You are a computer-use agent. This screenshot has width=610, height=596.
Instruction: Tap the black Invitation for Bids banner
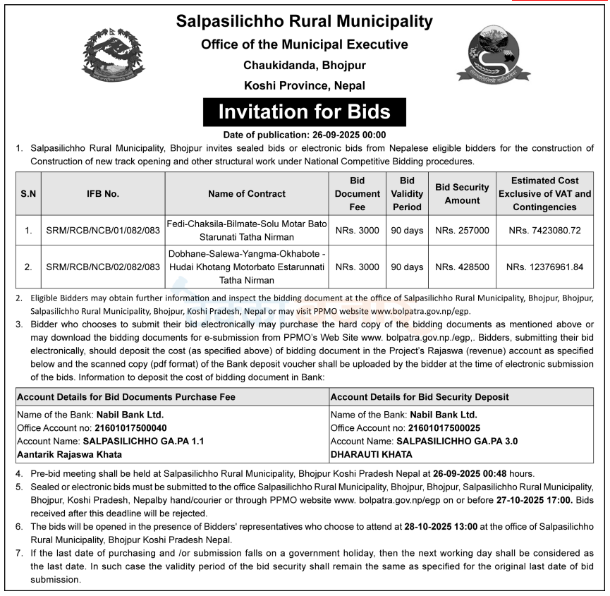[x=304, y=112]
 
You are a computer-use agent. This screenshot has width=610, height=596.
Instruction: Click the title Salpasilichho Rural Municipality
[x=305, y=22]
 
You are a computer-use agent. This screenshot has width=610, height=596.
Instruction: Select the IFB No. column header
[x=103, y=193]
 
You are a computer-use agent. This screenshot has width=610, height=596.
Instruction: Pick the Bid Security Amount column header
[x=462, y=193]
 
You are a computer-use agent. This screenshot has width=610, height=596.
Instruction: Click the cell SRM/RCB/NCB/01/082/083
[x=103, y=230]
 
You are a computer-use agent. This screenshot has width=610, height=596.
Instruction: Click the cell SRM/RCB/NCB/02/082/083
[x=103, y=267]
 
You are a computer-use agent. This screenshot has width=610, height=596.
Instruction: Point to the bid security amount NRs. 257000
[x=462, y=230]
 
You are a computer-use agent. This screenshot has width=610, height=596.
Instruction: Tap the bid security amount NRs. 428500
[x=462, y=267]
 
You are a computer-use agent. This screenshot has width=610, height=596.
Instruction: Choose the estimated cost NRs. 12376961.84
[x=545, y=267]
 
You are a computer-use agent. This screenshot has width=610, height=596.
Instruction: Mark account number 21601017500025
[x=444, y=427]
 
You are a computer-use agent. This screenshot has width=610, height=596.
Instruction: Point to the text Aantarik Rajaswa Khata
[x=69, y=454]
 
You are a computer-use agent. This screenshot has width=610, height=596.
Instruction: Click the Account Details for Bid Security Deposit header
[x=420, y=397]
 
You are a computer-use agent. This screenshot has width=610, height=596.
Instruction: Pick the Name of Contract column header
[x=247, y=193]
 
